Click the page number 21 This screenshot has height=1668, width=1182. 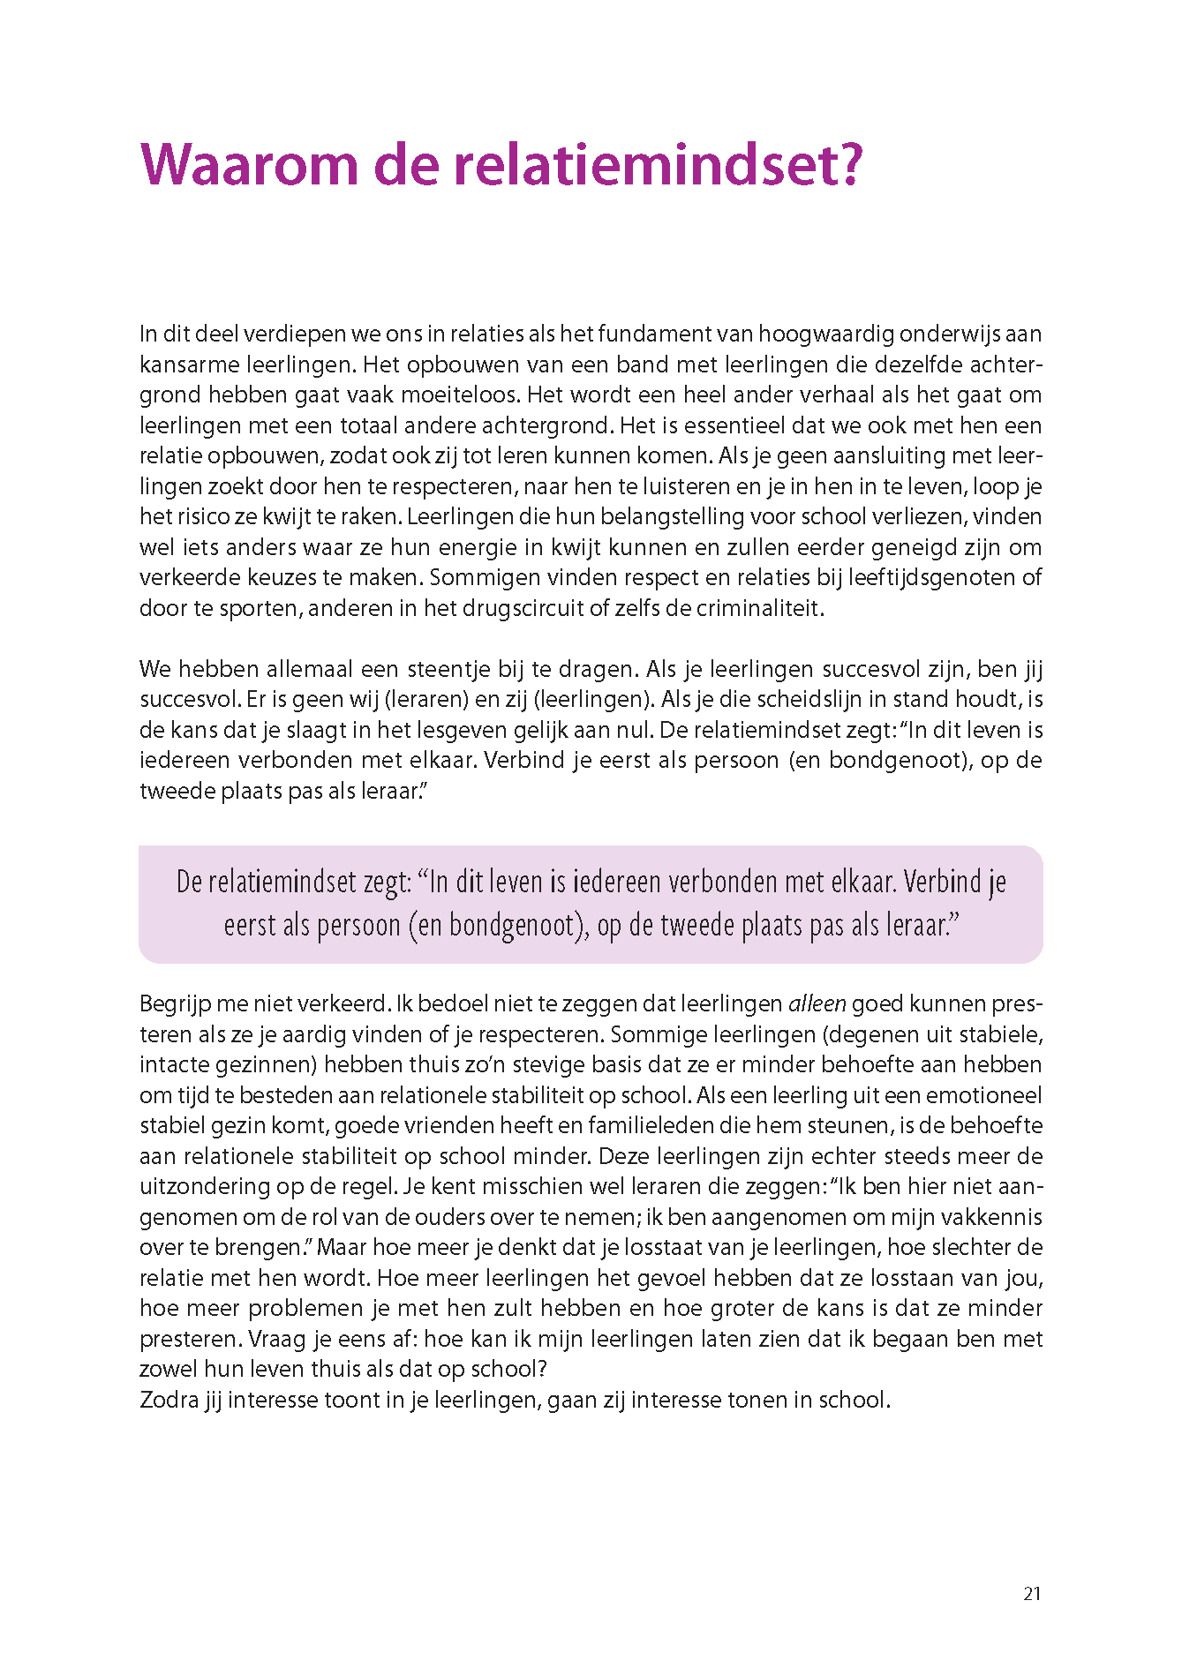coord(1032,1593)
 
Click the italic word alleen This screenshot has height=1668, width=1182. coord(817,1003)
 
